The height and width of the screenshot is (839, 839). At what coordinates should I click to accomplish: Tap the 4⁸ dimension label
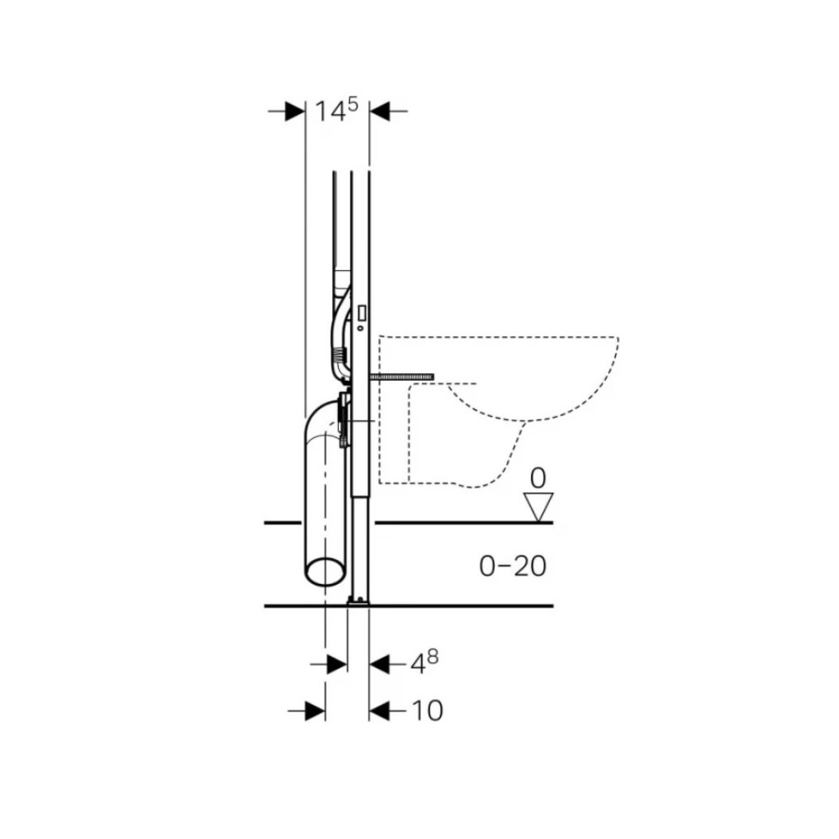pos(425,663)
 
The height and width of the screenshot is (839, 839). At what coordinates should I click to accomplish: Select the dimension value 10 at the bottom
pos(427,711)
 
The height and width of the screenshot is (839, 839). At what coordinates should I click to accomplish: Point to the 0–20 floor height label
pos(513,566)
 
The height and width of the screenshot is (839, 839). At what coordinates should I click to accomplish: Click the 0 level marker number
pos(538,478)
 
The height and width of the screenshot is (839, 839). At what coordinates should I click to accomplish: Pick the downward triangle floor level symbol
pos(539,507)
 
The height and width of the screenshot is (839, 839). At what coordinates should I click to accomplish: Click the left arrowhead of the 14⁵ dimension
pos(294,112)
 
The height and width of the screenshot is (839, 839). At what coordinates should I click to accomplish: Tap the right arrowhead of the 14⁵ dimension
pos(379,112)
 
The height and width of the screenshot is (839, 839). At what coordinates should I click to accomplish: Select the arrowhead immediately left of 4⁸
pos(379,664)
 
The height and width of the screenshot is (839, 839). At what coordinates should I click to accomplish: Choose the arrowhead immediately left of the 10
pos(379,711)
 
